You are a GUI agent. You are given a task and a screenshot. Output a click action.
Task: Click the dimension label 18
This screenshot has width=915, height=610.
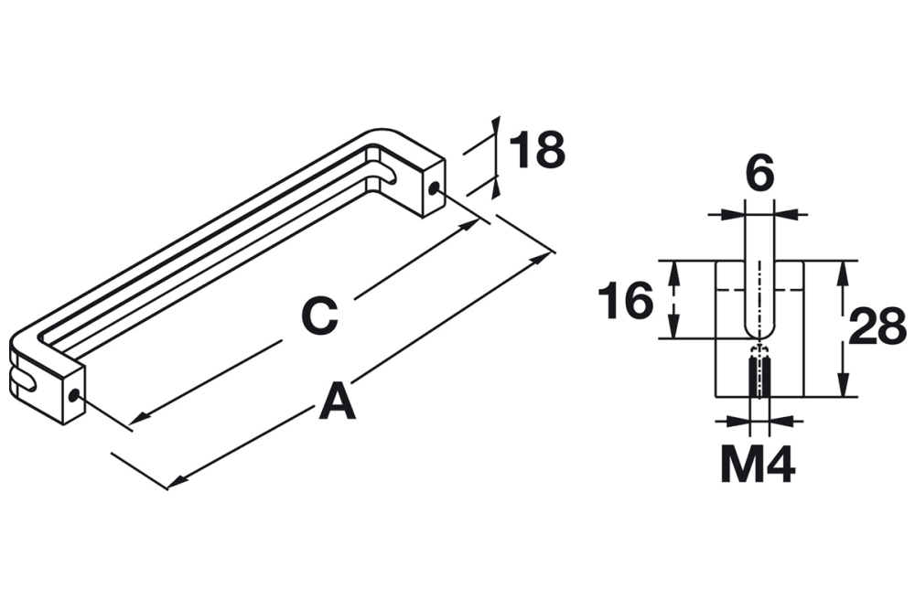[537, 150]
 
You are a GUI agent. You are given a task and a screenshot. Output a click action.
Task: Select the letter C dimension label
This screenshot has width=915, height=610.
[320, 316]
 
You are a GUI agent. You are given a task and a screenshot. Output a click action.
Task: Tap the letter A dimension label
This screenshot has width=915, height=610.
[338, 402]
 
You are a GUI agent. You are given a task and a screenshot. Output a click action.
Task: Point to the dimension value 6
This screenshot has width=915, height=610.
[759, 173]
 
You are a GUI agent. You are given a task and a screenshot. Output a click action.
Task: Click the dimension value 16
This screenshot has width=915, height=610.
[625, 301]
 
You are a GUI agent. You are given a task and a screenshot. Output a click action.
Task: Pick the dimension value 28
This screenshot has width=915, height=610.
[877, 326]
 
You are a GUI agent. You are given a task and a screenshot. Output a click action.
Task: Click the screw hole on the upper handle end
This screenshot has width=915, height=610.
[434, 189]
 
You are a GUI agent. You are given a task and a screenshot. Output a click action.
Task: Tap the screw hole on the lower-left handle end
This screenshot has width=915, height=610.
[74, 397]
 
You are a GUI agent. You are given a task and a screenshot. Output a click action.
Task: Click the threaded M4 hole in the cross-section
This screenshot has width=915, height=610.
[759, 375]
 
